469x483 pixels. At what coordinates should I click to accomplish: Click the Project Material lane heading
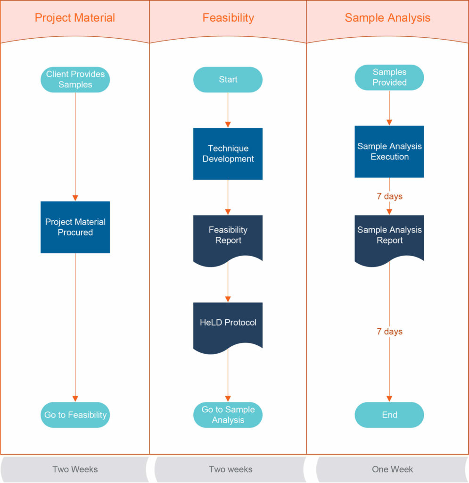[x=75, y=18]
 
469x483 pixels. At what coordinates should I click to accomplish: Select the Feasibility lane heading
[x=228, y=18]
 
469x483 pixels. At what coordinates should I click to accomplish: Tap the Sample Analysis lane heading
[x=387, y=18]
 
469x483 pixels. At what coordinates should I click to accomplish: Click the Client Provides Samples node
[x=75, y=80]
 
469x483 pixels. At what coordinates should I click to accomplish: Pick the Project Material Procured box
[x=75, y=227]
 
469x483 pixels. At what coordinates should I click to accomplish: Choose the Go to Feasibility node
[x=75, y=415]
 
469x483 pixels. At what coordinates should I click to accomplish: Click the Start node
[x=228, y=80]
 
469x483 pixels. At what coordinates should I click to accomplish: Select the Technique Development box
[x=228, y=154]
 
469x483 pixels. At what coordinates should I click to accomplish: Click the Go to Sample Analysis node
[x=228, y=415]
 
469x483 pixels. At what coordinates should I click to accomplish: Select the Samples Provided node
[x=389, y=77]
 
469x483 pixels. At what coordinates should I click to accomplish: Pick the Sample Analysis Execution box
[x=389, y=151]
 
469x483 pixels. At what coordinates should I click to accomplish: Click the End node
[x=389, y=415]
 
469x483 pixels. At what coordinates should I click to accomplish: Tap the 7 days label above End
[x=389, y=332]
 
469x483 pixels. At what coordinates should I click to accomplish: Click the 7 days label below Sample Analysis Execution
[x=389, y=196]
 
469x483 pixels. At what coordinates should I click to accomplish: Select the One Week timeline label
[x=392, y=469]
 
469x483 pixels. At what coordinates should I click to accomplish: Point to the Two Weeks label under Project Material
[x=75, y=469]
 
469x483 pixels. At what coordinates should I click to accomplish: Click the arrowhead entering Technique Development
[x=228, y=125]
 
